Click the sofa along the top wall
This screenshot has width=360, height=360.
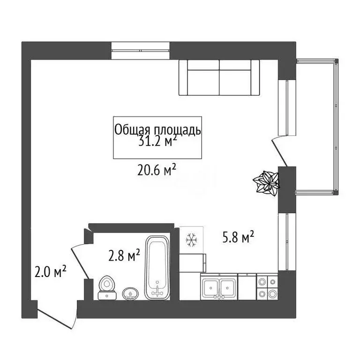[219, 77]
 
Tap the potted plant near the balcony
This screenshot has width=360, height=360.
[266, 183]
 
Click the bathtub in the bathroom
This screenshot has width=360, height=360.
[157, 267]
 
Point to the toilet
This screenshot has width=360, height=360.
[107, 287]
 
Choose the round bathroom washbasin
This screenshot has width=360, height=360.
[130, 293]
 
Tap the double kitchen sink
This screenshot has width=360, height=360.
[219, 287]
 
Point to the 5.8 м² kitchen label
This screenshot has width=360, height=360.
[238, 239]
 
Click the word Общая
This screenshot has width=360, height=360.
[131, 130]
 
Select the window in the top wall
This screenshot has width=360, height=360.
[141, 51]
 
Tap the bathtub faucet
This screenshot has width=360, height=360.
[157, 291]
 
